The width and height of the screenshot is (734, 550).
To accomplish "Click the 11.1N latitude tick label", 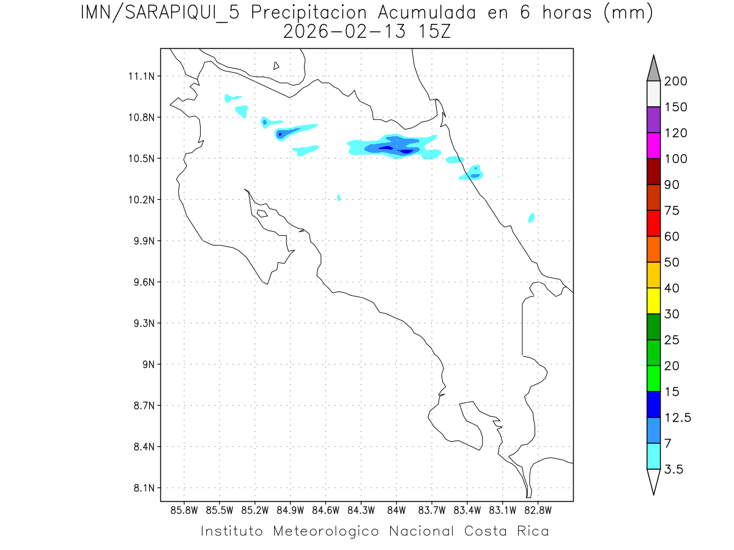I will point(140,76).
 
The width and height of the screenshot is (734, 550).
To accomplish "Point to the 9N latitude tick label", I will point(149,364).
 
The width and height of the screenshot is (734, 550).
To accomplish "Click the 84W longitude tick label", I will point(396,510).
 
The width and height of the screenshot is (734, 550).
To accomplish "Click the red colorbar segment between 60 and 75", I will point(653,223).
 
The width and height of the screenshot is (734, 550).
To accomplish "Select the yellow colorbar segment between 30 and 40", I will point(653,301).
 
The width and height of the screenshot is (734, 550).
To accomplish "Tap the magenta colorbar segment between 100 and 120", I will point(653,145).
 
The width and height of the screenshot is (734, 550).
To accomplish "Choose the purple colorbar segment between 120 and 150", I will point(653,120).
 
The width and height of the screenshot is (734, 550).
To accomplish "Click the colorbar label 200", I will point(676,82).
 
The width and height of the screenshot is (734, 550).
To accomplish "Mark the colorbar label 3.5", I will point(674,469).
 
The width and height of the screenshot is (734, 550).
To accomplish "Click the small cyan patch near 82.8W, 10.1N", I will point(531,218).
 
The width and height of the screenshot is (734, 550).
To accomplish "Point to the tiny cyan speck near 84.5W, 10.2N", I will point(339,197).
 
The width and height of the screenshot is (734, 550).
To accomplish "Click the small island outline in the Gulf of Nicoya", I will point(262,213).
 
